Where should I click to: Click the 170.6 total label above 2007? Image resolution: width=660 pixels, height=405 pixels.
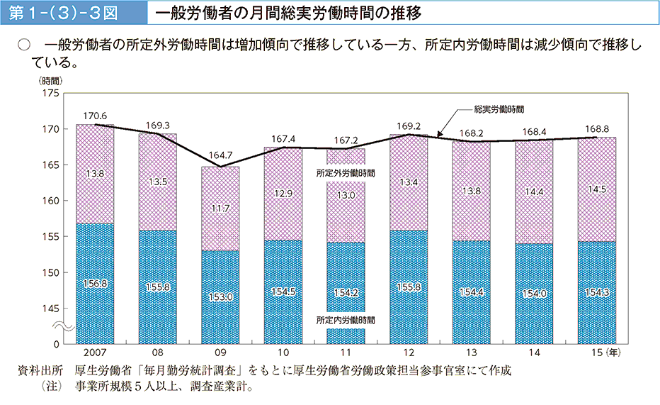[95, 116]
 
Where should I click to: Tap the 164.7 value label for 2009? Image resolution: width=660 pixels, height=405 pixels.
[220, 155]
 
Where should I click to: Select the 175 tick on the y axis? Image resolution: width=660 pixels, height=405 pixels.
[53, 93]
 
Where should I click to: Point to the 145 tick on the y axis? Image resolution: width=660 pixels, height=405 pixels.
[53, 308]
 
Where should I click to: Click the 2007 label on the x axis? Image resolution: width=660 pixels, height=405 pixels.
[95, 352]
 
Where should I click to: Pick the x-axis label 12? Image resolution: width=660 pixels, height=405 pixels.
[409, 352]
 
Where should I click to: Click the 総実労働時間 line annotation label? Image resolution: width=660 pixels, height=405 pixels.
[499, 109]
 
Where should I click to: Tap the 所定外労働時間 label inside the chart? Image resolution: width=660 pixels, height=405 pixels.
[346, 172]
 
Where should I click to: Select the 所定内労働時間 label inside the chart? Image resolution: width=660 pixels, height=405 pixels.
[346, 321]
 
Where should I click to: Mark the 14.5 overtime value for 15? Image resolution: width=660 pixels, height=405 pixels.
[596, 189]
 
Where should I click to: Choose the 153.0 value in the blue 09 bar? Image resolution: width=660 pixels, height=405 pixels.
[220, 296]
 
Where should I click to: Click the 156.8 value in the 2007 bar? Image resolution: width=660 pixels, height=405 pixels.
[95, 282]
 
